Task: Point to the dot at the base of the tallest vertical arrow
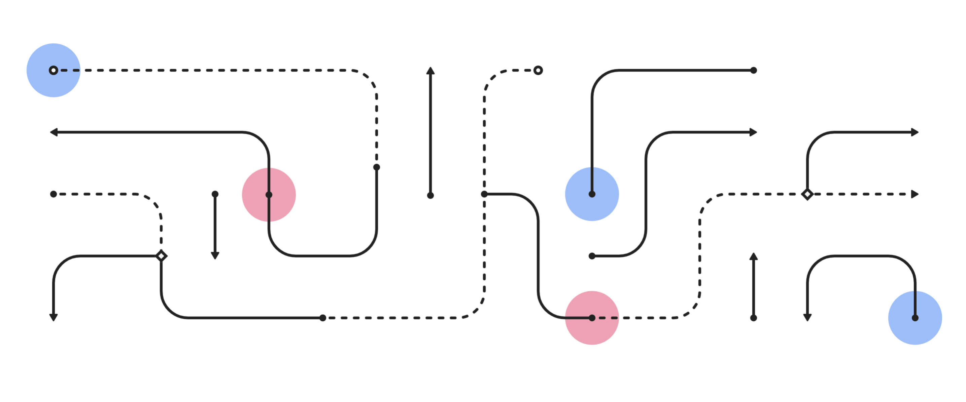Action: pos(430,195)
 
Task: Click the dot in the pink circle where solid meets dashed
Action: pos(592,318)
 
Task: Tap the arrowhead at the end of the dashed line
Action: pos(915,194)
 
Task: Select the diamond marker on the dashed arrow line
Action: pos(807,194)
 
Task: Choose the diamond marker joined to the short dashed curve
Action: pos(161,256)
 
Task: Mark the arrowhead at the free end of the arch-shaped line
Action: pos(807,317)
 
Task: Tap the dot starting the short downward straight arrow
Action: pos(215,194)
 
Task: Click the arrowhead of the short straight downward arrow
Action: pos(215,255)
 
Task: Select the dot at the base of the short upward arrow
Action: pos(754,318)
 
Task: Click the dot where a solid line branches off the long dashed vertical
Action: pos(484,194)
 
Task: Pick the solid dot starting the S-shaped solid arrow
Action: pos(592,256)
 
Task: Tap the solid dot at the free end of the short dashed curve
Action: pos(54,194)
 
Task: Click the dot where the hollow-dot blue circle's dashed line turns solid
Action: pos(377,167)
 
